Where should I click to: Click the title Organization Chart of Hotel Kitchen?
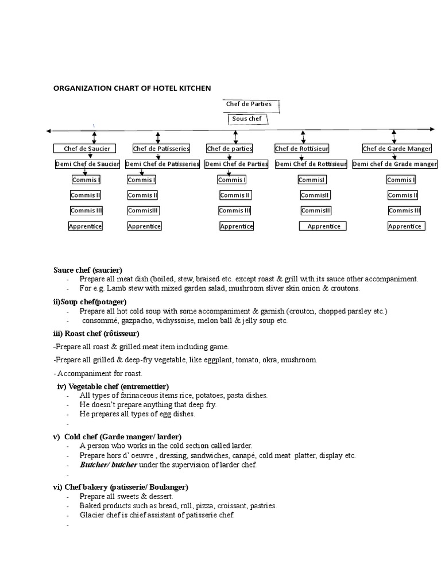click(132, 88)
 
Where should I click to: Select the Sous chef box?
click(247, 119)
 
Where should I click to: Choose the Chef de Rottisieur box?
click(302, 149)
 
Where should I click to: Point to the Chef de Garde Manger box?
click(397, 149)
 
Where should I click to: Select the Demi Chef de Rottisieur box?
click(311, 164)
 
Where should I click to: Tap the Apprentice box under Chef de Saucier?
click(86, 226)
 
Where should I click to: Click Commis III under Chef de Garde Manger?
click(405, 211)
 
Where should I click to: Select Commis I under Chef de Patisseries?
click(141, 180)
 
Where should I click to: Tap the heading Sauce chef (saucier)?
click(88, 270)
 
